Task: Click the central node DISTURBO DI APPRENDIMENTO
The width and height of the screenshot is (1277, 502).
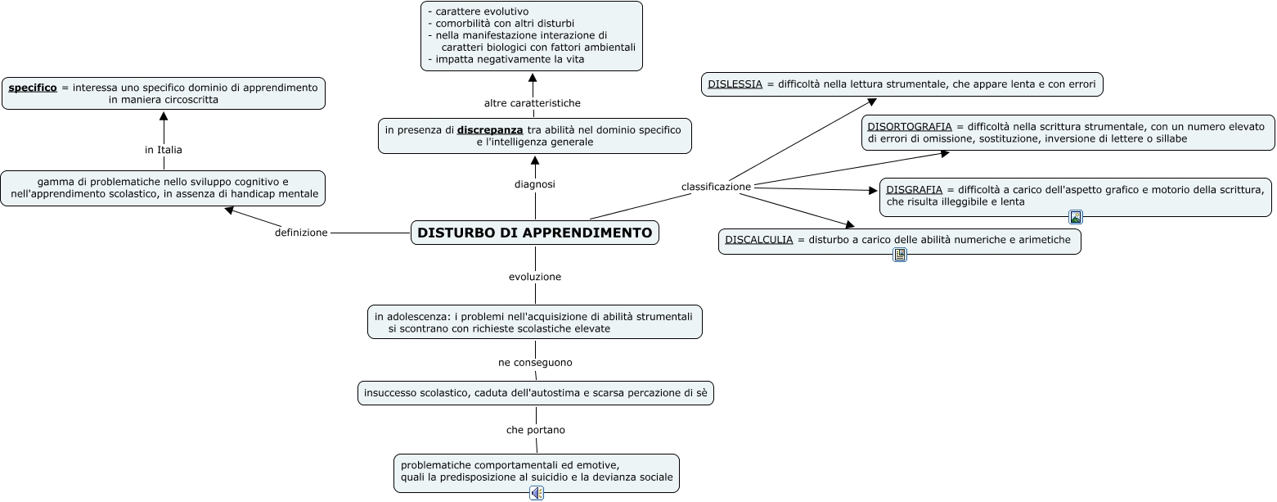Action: point(535,233)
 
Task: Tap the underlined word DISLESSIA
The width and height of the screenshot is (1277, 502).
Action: point(735,84)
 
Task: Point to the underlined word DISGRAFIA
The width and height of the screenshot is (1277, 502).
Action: point(914,190)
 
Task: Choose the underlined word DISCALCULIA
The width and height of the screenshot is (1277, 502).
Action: point(758,240)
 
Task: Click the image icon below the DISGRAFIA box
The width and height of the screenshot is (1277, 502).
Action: point(1076,217)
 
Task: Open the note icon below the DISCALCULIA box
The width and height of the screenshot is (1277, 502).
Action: point(900,255)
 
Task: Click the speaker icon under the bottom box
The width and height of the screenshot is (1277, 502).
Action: point(537,493)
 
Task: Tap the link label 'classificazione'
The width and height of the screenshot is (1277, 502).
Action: point(716,187)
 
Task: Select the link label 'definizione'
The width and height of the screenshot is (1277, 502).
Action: point(301,233)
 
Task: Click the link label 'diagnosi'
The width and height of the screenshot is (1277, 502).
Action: point(535,184)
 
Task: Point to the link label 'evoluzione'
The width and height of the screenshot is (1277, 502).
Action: point(535,277)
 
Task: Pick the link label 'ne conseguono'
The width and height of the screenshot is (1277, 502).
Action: point(535,362)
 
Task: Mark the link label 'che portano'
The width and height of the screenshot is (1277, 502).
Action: point(535,430)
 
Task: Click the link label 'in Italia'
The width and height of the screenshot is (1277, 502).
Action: point(164,150)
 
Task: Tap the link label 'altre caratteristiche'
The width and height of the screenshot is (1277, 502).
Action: point(533,103)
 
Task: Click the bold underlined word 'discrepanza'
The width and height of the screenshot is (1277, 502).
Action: point(490,130)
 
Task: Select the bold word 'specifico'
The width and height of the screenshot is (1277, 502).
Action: point(33,88)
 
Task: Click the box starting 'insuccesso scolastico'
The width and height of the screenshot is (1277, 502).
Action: point(536,393)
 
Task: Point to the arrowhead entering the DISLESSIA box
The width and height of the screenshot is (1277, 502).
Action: point(872,102)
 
